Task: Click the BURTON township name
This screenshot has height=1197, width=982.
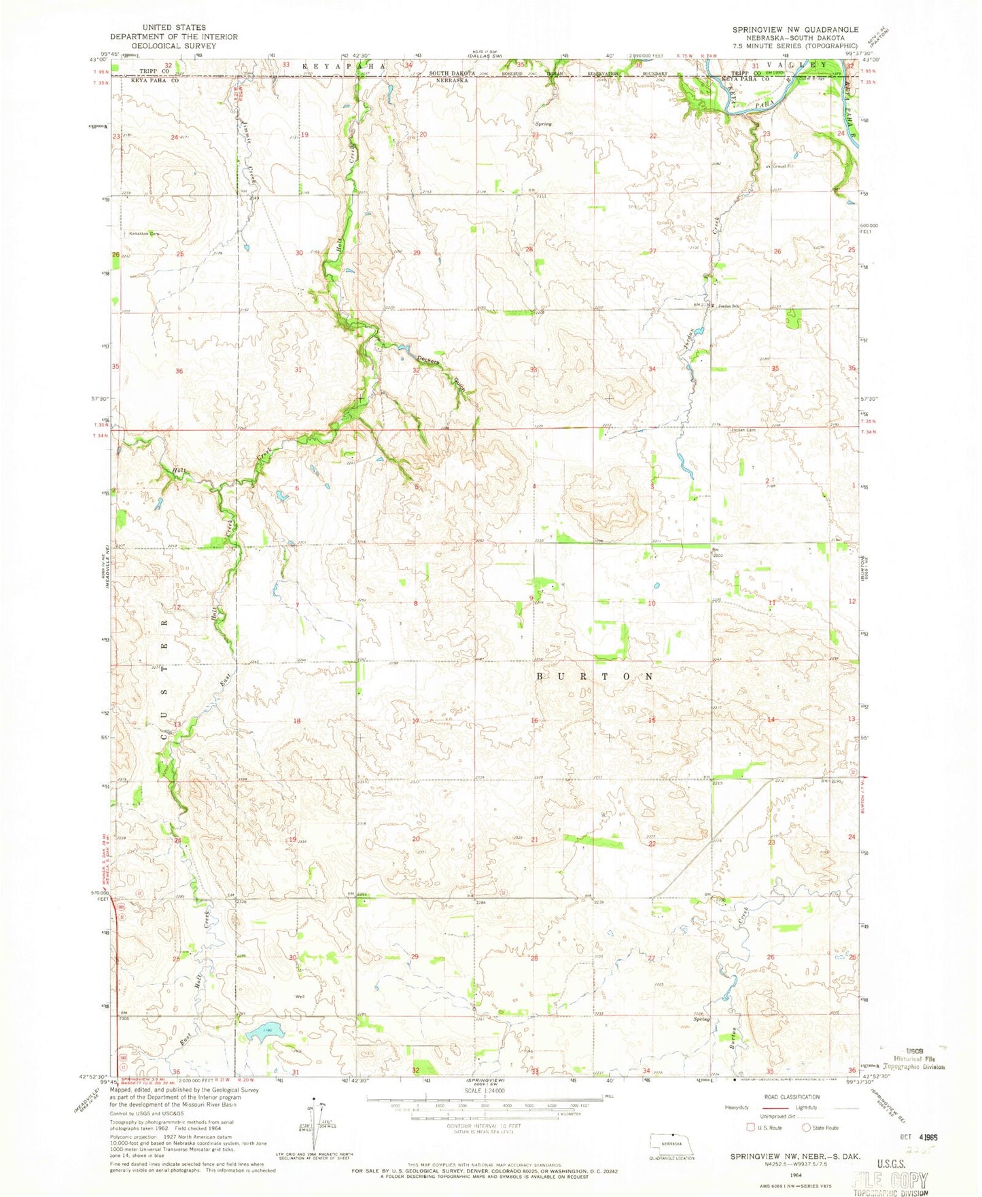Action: [595, 677]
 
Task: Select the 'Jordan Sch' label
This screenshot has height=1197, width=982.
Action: [726, 305]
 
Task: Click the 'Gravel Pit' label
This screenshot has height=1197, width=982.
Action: [779, 166]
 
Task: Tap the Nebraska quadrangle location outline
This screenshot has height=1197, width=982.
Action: [671, 1143]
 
